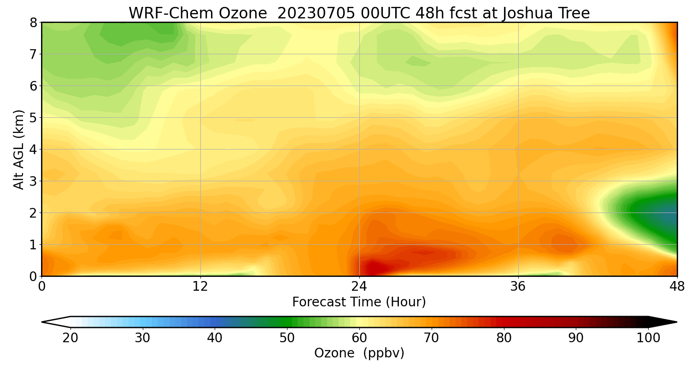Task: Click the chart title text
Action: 359,13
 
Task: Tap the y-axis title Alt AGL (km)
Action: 19,149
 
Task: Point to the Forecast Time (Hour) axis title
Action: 359,302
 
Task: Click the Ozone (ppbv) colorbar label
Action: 359,353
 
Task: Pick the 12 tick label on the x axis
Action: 200,286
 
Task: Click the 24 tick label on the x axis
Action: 359,286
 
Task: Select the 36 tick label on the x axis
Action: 518,286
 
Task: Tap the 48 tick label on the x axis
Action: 677,286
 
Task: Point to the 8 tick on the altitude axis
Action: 33,23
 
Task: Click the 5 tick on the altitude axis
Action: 33,118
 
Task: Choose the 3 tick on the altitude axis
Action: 33,181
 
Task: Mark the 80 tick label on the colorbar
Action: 504,338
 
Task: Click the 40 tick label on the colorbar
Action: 215,338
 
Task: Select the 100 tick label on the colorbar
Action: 648,338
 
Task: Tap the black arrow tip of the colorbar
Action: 666,322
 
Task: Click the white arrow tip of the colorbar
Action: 53,322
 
